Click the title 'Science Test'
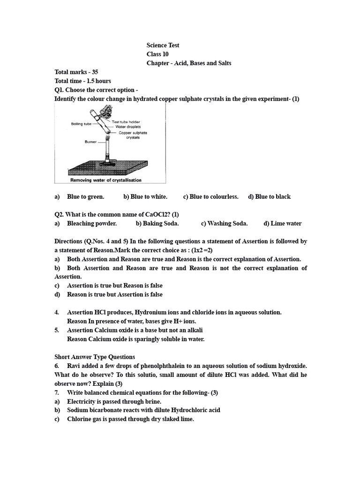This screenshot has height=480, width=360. pos(163,45)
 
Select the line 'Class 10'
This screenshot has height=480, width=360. pos(157,54)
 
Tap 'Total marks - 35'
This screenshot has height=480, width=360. pos(76,72)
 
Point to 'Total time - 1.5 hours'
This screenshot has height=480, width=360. pos(82,81)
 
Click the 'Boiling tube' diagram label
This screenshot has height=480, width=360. pos(81,124)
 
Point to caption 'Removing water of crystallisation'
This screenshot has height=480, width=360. pos(105,180)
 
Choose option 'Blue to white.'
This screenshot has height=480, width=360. pos(145,197)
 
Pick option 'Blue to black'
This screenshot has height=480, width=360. pos(270,197)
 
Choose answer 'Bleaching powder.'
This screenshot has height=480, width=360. pos(92,224)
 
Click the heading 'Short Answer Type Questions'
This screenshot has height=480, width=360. pos(95,357)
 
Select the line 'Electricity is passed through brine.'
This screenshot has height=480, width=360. pos(114,402)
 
